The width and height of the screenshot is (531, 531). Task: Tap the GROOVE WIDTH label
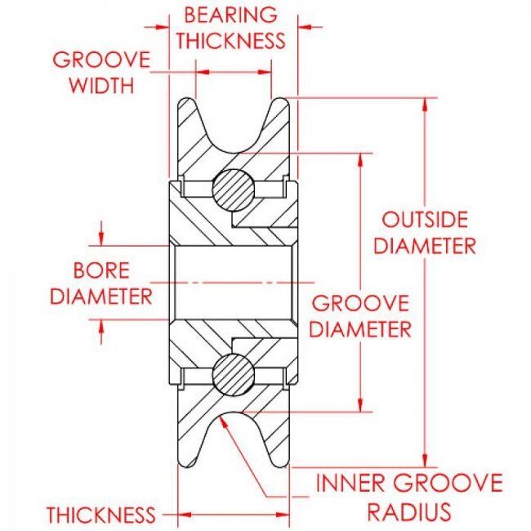coord(101,72)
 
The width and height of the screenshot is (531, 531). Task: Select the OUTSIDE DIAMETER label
coord(425,232)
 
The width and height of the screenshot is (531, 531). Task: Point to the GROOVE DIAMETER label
coord(360,316)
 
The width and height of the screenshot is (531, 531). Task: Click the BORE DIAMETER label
coord(101,282)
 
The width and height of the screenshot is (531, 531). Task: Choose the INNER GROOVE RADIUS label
coord(408,497)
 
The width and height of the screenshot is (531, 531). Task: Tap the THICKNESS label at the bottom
coord(100,515)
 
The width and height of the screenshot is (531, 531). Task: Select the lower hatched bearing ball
coord(233,375)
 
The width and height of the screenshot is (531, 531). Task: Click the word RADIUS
coord(408,511)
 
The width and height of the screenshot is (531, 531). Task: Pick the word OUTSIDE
coord(425,220)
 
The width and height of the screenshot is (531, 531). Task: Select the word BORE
coord(101,270)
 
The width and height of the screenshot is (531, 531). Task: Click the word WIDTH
coord(101,84)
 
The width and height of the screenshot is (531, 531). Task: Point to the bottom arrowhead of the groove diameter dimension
coord(360,408)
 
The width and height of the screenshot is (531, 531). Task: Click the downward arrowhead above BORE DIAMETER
coord(101,241)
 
